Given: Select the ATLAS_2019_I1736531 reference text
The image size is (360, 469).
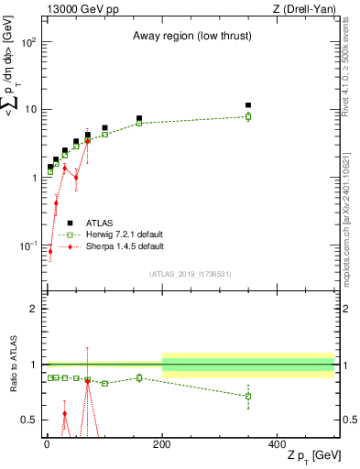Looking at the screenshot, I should coord(191,273).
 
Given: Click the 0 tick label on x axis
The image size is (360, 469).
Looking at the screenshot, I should coord(46,442).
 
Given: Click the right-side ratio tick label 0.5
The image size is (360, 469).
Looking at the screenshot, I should coord(348,420).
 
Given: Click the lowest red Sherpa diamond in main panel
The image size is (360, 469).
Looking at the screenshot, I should coord(50,277).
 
